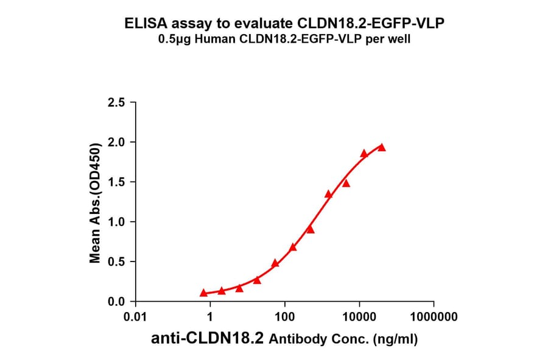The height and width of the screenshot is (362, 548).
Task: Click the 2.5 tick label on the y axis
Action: point(117,102)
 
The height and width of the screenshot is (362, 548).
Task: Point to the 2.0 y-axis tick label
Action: point(117,142)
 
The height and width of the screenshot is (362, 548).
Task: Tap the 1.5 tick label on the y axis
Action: point(117,182)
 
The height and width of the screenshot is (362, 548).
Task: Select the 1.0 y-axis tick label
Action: point(117,222)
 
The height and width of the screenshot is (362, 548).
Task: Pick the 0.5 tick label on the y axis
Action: point(117,262)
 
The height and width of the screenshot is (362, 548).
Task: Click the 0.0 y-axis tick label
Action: point(117,302)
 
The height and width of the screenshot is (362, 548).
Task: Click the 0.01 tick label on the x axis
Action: point(135,318)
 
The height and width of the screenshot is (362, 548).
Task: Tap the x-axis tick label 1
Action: point(210,318)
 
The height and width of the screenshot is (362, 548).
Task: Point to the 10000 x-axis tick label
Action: point(359,318)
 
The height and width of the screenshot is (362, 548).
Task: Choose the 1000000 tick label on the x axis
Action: point(434,318)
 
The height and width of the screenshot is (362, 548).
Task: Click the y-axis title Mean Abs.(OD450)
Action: point(96,202)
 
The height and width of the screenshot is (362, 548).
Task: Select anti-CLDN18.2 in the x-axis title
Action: point(208,339)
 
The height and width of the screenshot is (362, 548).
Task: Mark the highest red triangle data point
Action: point(382,147)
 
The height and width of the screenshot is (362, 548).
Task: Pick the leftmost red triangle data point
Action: point(203,293)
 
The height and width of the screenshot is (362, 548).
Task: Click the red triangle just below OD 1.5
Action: point(346,183)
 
